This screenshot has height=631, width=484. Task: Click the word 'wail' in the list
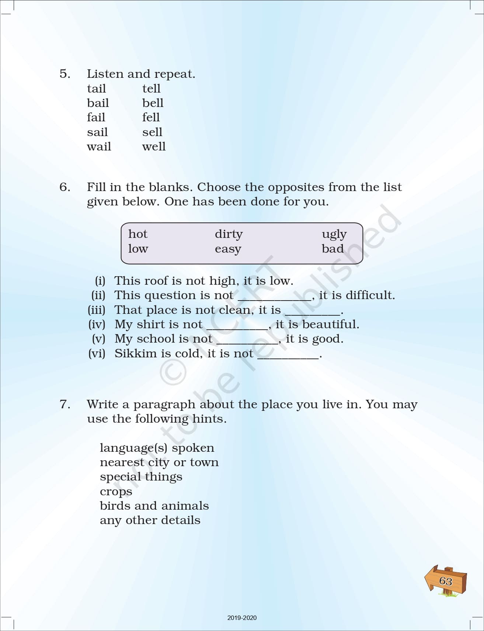(99, 146)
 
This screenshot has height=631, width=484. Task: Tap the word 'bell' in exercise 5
(153, 103)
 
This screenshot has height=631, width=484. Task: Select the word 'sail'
(97, 132)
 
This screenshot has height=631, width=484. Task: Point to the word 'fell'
(151, 117)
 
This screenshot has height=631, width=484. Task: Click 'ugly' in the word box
(334, 234)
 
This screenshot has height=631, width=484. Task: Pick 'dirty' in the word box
(229, 234)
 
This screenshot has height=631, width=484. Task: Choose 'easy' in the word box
(228, 249)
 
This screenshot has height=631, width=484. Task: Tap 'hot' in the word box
(137, 234)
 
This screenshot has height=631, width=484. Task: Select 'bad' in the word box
(332, 249)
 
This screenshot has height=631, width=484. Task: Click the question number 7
(65, 404)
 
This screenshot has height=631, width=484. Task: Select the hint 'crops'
(116, 492)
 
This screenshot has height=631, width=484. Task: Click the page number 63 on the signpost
(446, 581)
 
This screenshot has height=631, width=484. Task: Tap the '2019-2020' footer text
(242, 618)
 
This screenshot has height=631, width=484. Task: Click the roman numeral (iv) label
(97, 324)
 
